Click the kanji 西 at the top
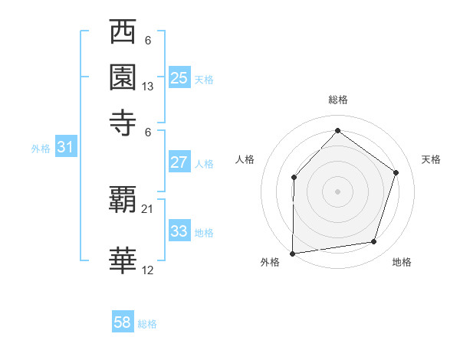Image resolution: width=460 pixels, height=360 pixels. click(x=123, y=33)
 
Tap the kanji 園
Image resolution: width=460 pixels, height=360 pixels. click(x=123, y=77)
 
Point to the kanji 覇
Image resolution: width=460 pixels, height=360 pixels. click(x=123, y=200)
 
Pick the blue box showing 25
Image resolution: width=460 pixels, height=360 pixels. click(x=179, y=77)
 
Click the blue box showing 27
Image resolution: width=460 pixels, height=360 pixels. click(x=179, y=162)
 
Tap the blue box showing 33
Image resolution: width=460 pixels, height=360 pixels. click(x=179, y=231)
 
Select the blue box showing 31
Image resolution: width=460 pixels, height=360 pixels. click(x=65, y=148)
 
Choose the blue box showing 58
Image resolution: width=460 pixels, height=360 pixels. click(x=123, y=322)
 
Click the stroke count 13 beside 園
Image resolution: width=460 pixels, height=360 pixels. click(x=148, y=87)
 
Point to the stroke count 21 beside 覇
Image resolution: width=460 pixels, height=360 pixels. click(x=148, y=208)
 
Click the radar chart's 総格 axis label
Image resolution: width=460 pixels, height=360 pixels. click(x=337, y=100)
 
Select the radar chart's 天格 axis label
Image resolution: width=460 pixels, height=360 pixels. click(x=432, y=159)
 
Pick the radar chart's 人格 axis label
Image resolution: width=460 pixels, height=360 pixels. click(x=245, y=159)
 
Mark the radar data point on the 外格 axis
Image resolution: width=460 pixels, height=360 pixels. click(x=292, y=253)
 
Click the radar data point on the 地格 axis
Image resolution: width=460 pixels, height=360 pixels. click(x=374, y=242)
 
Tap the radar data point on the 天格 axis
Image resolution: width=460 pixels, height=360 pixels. click(x=396, y=172)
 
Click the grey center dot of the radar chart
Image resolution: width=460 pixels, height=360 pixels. click(x=337, y=191)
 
